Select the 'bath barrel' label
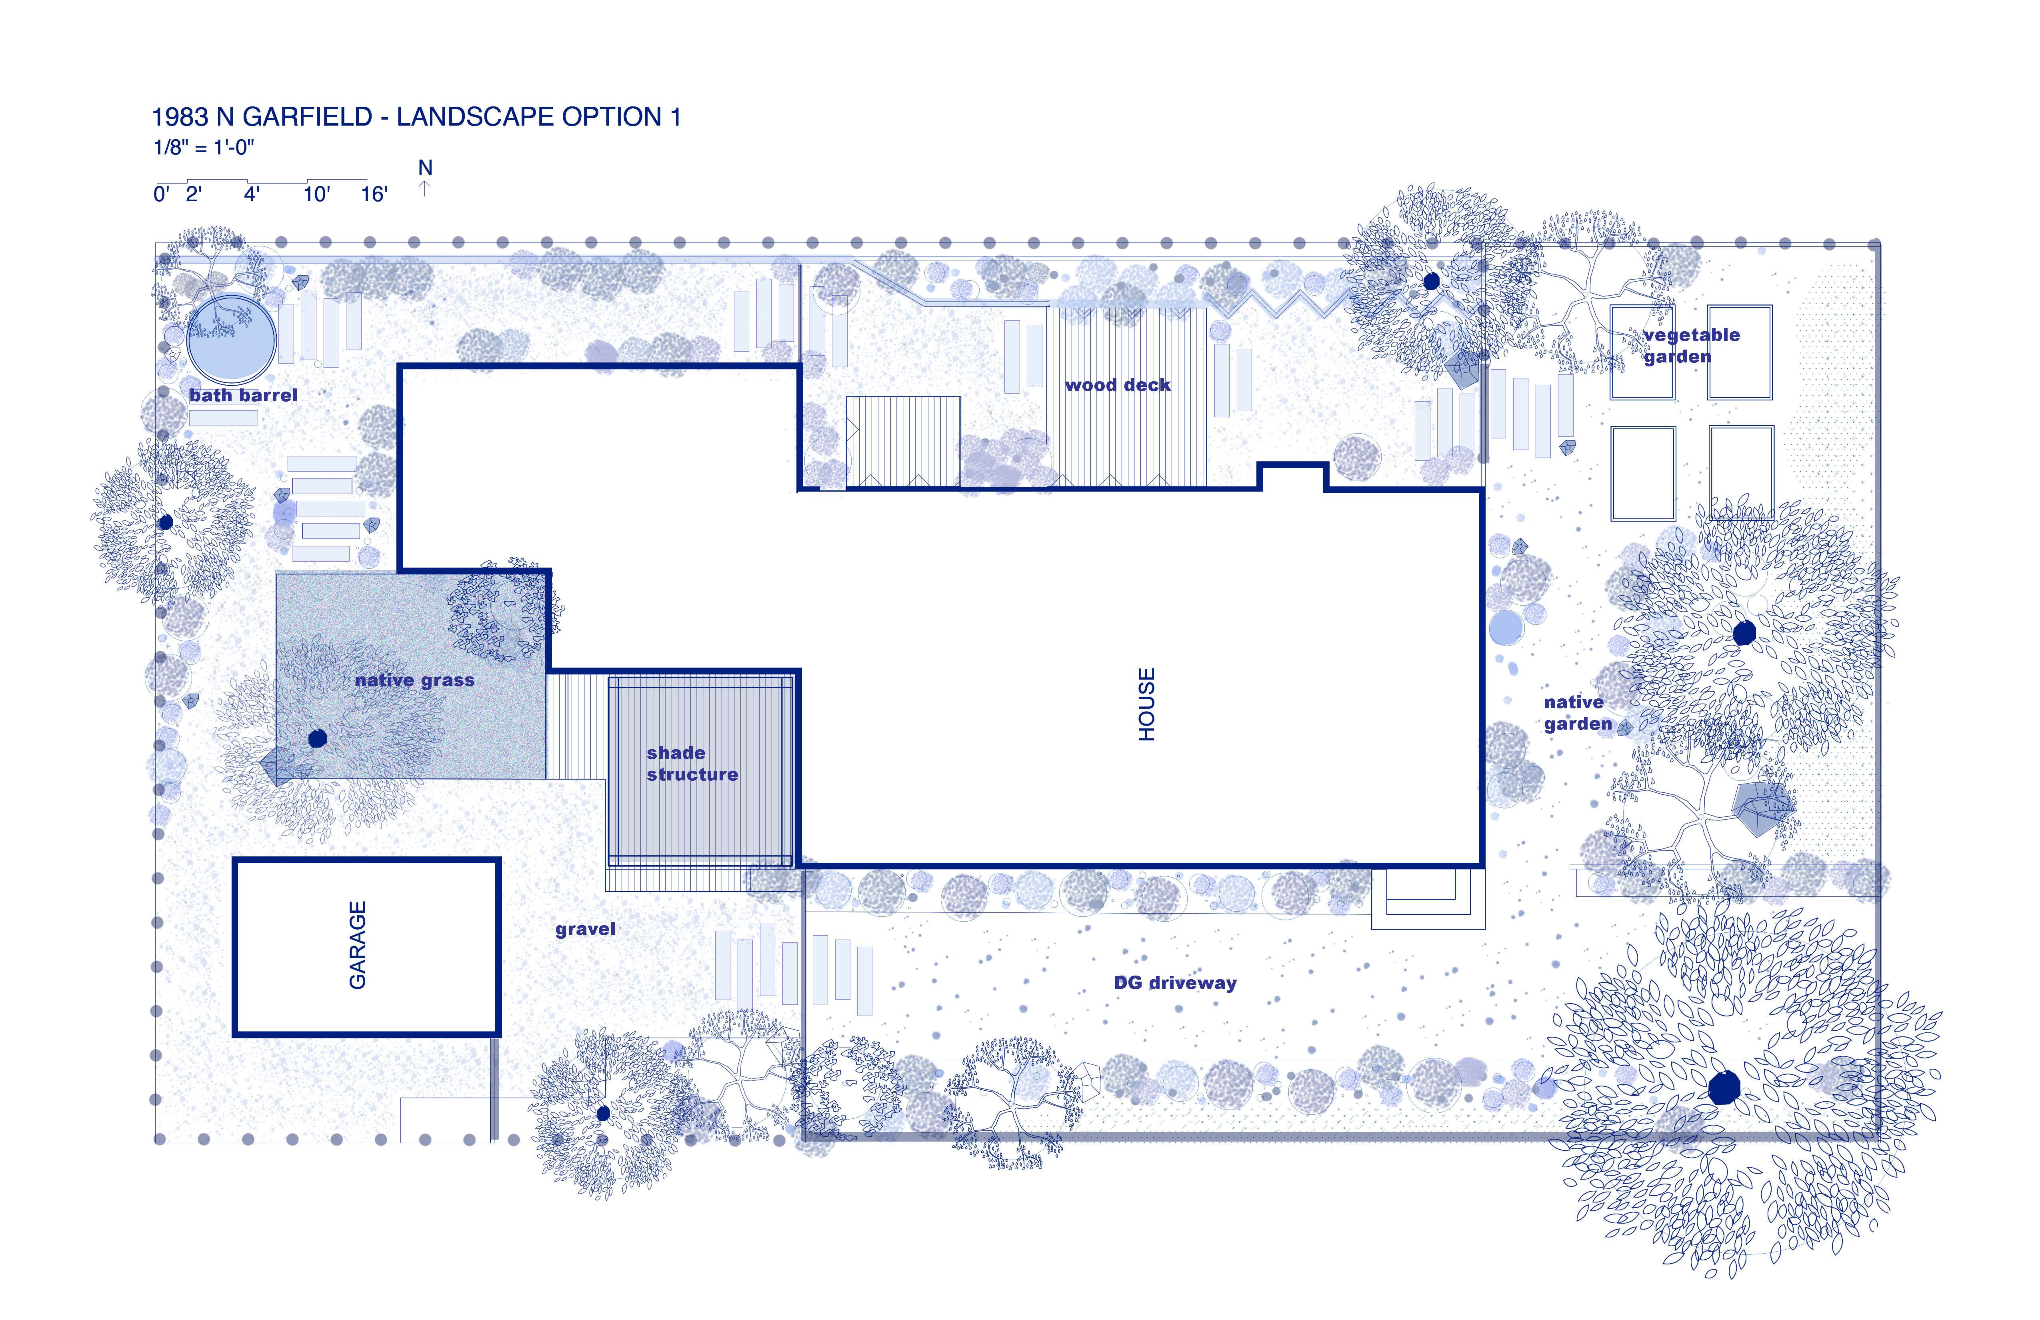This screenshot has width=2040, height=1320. point(244,395)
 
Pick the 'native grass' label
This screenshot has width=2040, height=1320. point(415,680)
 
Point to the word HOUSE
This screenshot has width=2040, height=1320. point(1147,704)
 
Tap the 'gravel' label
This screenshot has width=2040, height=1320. point(586,929)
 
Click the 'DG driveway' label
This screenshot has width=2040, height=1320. point(1175,983)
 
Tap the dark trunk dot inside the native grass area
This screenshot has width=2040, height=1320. point(317,738)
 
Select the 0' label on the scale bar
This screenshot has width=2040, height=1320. point(161,194)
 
